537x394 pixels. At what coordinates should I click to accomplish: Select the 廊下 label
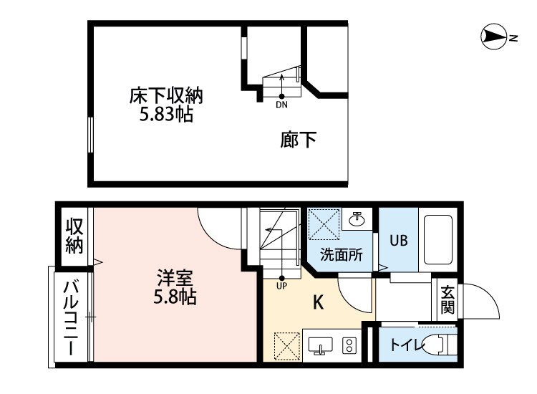[298, 140]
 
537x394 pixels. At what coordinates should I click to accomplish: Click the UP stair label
[281, 286]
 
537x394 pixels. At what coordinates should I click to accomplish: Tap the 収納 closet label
[75, 236]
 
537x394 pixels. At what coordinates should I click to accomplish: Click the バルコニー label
[72, 319]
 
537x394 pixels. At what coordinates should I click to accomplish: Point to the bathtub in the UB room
[437, 240]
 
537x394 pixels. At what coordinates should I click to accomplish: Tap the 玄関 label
[447, 300]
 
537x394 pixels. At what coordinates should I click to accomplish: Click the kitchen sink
[321, 346]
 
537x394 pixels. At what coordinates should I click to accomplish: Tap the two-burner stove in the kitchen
[350, 346]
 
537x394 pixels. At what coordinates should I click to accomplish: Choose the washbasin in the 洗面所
[355, 219]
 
